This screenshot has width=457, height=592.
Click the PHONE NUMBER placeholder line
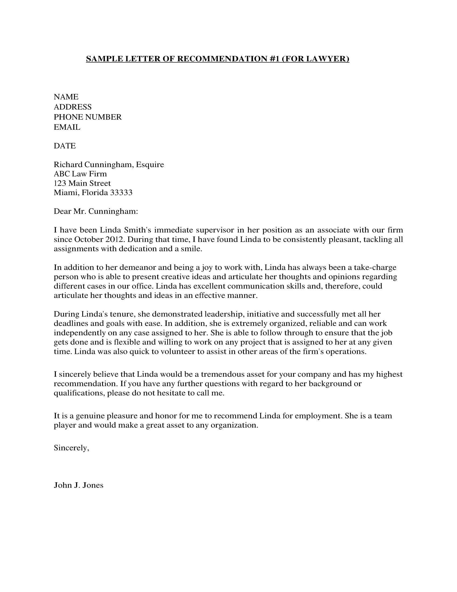click(x=88, y=117)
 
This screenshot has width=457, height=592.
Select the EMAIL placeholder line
click(x=67, y=127)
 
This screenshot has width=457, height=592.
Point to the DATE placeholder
click(x=65, y=146)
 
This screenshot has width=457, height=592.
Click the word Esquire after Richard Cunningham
click(x=150, y=164)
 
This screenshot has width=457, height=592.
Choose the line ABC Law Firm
click(x=80, y=174)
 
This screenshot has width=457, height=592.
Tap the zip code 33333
click(x=121, y=192)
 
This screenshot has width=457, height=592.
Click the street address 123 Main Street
click(x=82, y=183)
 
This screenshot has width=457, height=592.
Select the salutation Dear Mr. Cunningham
click(x=96, y=211)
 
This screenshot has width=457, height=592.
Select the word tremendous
click(x=223, y=374)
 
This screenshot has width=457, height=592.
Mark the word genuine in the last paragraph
click(x=90, y=415)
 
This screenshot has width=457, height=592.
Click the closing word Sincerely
click(x=71, y=448)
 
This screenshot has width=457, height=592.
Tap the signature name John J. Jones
click(x=78, y=485)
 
